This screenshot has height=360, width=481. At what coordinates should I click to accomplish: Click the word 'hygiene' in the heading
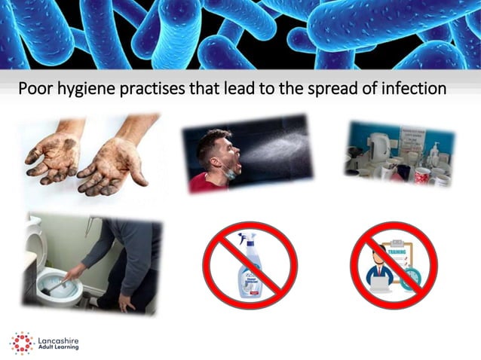click(x=89, y=89)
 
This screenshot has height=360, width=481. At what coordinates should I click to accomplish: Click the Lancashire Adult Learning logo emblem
click(x=22, y=342)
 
